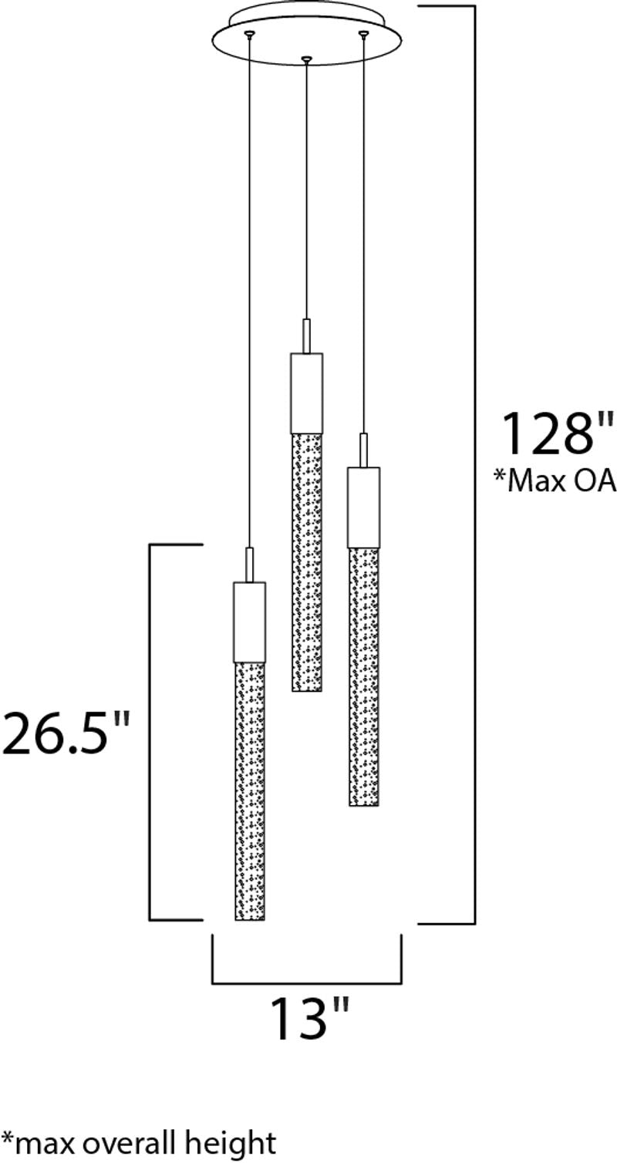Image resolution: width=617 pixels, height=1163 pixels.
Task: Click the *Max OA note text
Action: click(x=555, y=480)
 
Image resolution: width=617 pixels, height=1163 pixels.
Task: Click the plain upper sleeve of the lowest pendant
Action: click(x=249, y=622)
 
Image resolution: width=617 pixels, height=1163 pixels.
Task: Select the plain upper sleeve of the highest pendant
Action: click(x=306, y=393)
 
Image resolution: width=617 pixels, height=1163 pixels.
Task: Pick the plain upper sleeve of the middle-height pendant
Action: click(x=363, y=507)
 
